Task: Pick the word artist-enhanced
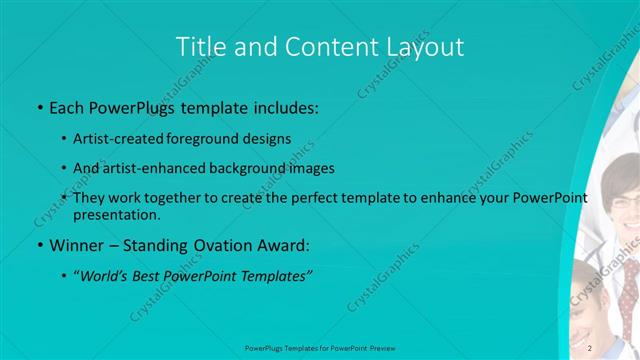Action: (x=150, y=168)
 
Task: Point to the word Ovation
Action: (x=225, y=244)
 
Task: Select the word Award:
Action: (x=285, y=244)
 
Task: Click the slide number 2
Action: (x=590, y=348)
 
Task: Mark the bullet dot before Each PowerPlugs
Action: (x=39, y=107)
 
